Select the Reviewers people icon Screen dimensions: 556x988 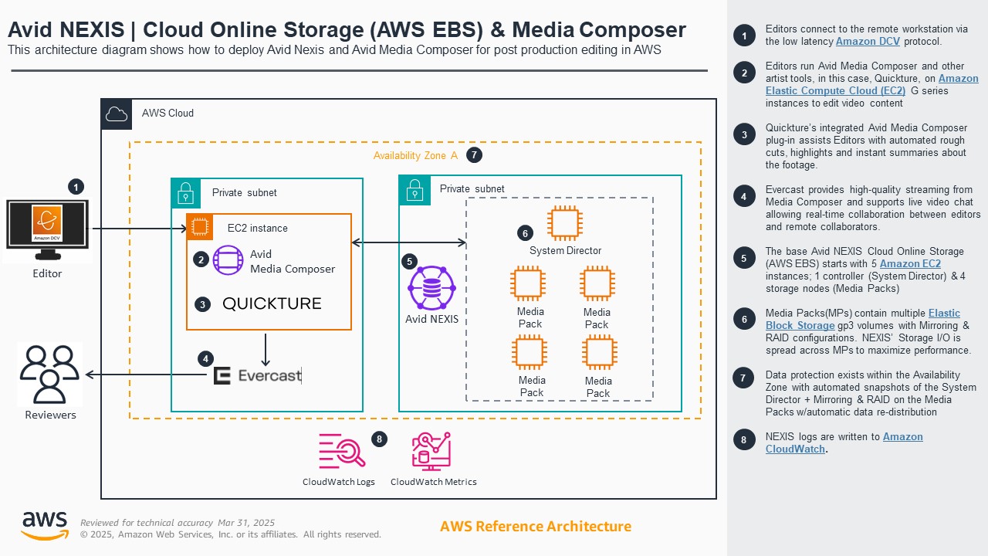pyautogui.click(x=50, y=374)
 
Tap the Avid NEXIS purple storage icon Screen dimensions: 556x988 pyautogui.click(x=431, y=288)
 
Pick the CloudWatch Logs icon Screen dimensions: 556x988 pyautogui.click(x=341, y=451)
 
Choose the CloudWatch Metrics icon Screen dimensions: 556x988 pyautogui.click(x=431, y=451)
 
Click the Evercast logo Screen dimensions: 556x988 pyautogui.click(x=257, y=376)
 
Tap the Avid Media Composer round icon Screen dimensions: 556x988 pyautogui.click(x=228, y=260)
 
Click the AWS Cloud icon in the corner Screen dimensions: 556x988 pyautogui.click(x=117, y=114)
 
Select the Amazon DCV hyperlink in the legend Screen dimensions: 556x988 pyautogui.click(x=867, y=42)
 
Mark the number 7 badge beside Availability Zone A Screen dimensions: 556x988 pyautogui.click(x=474, y=155)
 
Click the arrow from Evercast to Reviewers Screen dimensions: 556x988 pyautogui.click(x=147, y=375)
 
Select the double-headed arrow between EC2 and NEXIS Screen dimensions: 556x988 pyautogui.click(x=409, y=243)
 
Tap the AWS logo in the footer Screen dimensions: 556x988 pyautogui.click(x=44, y=525)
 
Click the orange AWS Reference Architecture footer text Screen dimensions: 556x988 pyautogui.click(x=535, y=527)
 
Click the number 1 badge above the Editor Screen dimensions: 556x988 pyautogui.click(x=76, y=186)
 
